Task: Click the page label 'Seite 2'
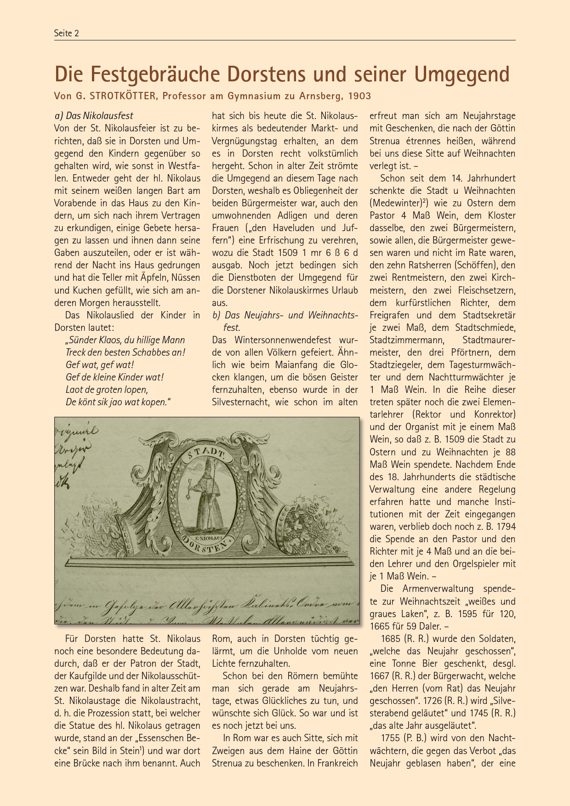pyautogui.click(x=67, y=33)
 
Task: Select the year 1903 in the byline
pyautogui.click(x=359, y=96)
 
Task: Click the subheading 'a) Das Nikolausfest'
pyautogui.click(x=94, y=116)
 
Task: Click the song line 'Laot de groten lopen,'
pyautogui.click(x=107, y=390)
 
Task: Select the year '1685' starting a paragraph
pyautogui.click(x=390, y=638)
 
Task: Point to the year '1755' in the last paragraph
pyautogui.click(x=390, y=738)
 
